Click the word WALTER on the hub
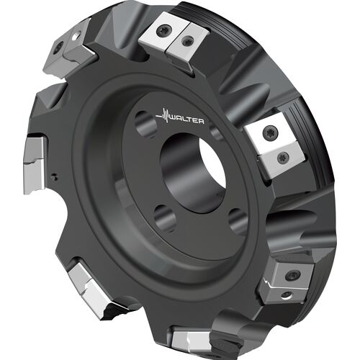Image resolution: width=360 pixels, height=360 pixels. (x=187, y=120)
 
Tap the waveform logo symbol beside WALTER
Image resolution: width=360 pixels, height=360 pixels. (x=162, y=116)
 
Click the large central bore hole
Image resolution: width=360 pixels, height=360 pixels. (x=194, y=173)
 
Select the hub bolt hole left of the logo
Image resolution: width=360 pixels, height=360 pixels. (x=145, y=125)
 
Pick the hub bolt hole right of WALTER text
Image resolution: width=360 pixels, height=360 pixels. (x=216, y=132)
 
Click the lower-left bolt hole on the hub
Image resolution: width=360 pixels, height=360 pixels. (x=165, y=218)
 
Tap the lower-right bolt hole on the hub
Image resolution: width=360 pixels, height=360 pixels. (x=238, y=222)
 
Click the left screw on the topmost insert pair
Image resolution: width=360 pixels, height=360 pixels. (x=164, y=30)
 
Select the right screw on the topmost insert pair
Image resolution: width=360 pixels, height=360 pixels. (x=186, y=41)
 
